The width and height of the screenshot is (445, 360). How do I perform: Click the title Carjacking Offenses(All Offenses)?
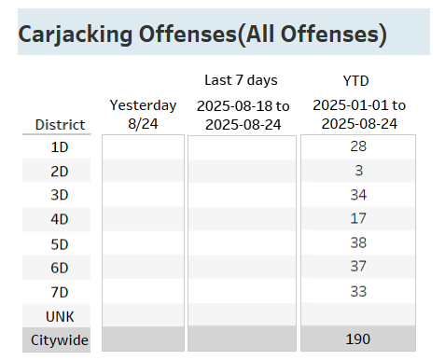[x=202, y=36]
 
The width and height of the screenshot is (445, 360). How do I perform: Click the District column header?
[x=60, y=124]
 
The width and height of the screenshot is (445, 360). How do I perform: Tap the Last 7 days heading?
[x=241, y=80]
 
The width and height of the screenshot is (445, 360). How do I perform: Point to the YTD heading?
[x=355, y=80]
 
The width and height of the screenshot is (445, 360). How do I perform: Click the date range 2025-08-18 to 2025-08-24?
[x=243, y=114]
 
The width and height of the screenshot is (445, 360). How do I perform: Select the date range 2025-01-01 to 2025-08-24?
[x=359, y=114]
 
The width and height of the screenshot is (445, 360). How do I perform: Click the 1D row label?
[x=60, y=146]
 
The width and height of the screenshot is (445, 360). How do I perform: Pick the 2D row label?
[x=60, y=171]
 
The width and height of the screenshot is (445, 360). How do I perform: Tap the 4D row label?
[x=60, y=219]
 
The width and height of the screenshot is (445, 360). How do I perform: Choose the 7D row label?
[x=60, y=292]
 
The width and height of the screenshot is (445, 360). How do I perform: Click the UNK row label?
[x=60, y=316]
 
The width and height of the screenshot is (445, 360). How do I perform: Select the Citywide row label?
[x=60, y=340]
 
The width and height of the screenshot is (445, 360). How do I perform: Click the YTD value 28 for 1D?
[x=357, y=146]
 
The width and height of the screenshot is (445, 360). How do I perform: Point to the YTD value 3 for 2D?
[x=357, y=171]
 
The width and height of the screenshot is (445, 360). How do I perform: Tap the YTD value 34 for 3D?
[x=357, y=195]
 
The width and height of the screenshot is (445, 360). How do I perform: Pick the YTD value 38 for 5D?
[x=357, y=243]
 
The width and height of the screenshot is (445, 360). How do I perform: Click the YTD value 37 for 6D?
[x=357, y=268]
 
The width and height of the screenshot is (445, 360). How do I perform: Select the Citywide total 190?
[x=357, y=339]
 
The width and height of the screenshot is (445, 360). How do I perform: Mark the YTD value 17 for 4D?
[x=357, y=219]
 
